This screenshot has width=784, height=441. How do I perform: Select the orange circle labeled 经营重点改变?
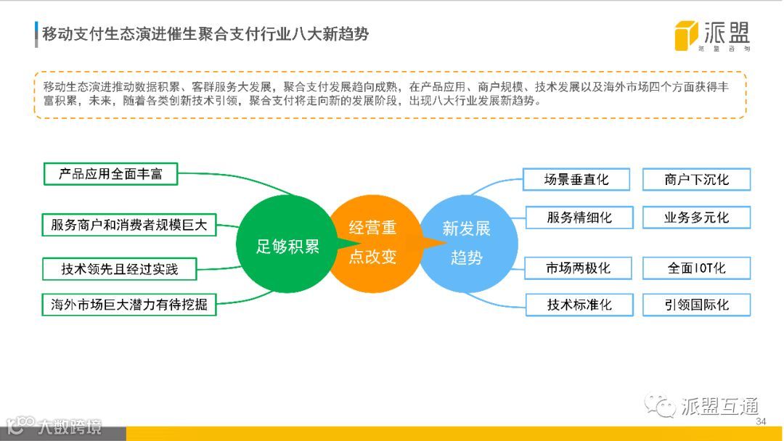(x=373, y=242)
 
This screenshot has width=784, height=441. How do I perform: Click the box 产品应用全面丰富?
(x=110, y=175)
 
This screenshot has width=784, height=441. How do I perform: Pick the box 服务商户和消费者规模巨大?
(x=129, y=225)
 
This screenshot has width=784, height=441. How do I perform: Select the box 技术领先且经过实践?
(x=120, y=269)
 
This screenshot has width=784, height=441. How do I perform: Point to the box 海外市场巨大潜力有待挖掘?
(x=129, y=304)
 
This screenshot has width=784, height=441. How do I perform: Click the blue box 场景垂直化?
(x=577, y=179)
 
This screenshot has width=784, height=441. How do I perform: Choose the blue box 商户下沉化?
(x=696, y=179)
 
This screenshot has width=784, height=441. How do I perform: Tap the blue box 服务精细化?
(x=579, y=217)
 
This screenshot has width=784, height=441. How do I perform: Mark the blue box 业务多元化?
(x=696, y=217)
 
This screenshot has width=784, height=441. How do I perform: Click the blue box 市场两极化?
(x=579, y=268)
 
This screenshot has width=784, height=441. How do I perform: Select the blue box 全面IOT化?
(x=696, y=268)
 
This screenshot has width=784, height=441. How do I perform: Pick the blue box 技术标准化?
(x=579, y=305)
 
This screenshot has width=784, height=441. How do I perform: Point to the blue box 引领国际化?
(x=696, y=305)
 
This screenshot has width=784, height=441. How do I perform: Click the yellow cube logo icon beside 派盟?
(x=686, y=36)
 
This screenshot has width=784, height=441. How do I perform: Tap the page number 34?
(x=761, y=422)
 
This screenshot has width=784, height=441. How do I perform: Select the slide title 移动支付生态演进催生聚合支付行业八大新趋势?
(x=205, y=34)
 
